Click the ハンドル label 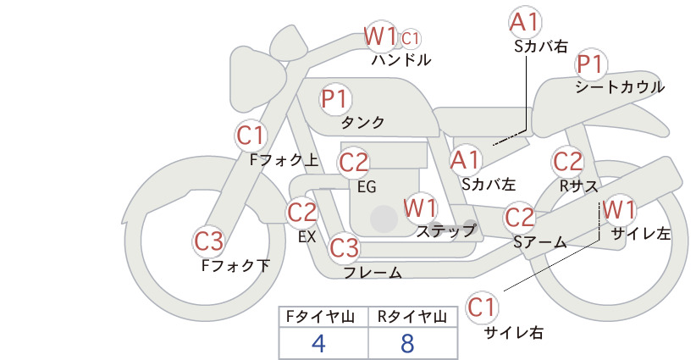point(401,59)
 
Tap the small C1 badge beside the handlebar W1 point(410,39)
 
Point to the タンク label point(362,123)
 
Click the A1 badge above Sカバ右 point(525,23)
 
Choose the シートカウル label point(620,86)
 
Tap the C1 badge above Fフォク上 point(251,136)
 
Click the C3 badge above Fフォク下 point(208,241)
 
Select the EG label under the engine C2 point(367,187)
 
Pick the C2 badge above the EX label point(301,212)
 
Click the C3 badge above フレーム point(344,247)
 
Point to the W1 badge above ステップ point(420,208)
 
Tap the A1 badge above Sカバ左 point(465,160)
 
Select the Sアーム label point(539,241)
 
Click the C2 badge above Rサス point(567,162)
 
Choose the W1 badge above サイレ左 point(619,209)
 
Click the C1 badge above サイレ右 point(482,307)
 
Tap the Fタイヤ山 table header point(320,317)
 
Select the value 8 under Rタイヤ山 point(407,343)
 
